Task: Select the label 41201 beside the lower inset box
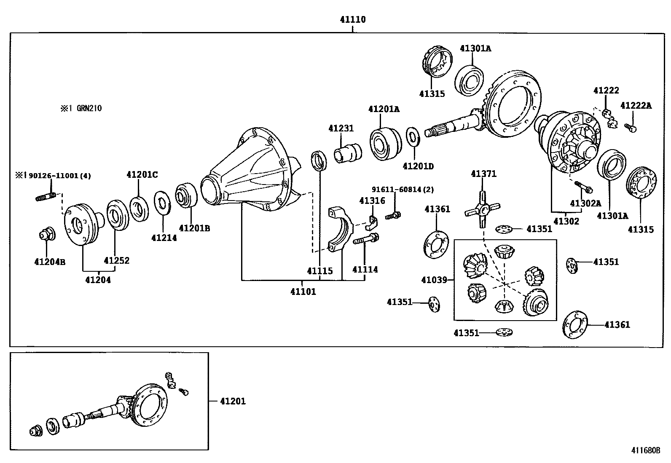233,401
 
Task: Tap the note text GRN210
89,108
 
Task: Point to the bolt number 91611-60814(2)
402,190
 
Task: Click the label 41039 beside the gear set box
434,279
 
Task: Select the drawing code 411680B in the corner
645,450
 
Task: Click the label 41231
341,128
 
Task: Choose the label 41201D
418,166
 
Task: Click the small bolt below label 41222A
631,127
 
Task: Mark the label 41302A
585,203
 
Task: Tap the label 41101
303,292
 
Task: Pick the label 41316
372,201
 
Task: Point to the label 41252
117,260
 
